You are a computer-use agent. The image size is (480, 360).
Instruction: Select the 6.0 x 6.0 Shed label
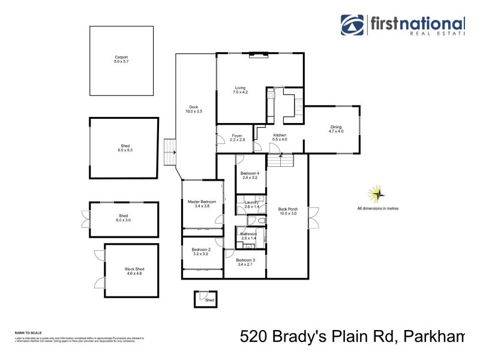[125, 148]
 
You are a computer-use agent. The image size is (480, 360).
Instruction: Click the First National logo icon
[353, 25]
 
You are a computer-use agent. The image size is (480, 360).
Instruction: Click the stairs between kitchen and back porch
[280, 161]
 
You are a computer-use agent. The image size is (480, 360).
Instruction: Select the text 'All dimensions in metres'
[377, 209]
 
